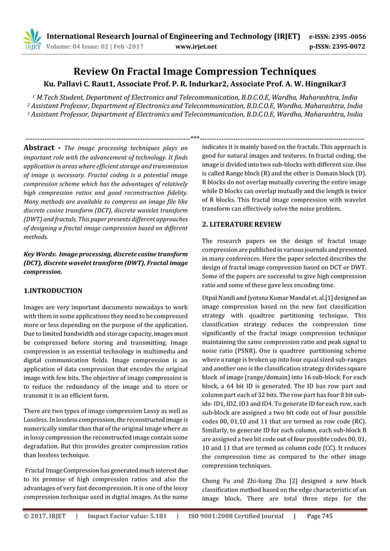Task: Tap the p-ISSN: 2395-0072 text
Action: tap(337, 46)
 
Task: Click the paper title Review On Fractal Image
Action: tap(194, 71)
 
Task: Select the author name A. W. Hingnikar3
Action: tap(315, 83)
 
